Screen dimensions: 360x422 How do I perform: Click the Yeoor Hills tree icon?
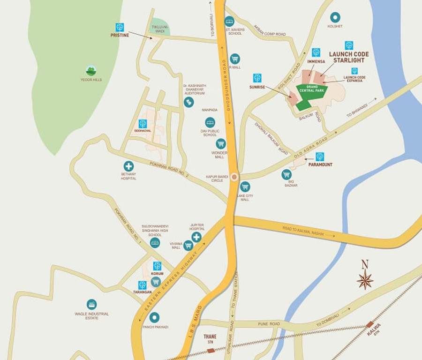91,71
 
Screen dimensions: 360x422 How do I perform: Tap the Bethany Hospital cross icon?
128,166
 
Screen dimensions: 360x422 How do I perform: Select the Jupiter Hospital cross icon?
196,237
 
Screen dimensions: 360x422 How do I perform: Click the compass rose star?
365,279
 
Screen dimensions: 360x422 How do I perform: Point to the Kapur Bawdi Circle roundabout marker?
234,177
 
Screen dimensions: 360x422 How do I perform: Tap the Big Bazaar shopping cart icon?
286,175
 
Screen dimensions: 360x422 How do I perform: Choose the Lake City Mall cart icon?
245,187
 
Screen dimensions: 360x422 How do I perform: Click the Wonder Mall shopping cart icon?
220,143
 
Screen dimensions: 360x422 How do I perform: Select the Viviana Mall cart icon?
188,245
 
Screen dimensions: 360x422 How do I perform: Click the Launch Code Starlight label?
349,57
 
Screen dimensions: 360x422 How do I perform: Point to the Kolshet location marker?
334,17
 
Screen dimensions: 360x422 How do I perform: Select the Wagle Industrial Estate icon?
91,304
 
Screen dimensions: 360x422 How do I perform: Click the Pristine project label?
120,35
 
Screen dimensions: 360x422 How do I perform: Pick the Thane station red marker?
211,350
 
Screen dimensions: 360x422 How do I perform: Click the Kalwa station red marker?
370,324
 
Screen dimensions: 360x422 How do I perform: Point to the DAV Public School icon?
210,122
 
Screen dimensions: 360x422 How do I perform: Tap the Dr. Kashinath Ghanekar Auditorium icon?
188,102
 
